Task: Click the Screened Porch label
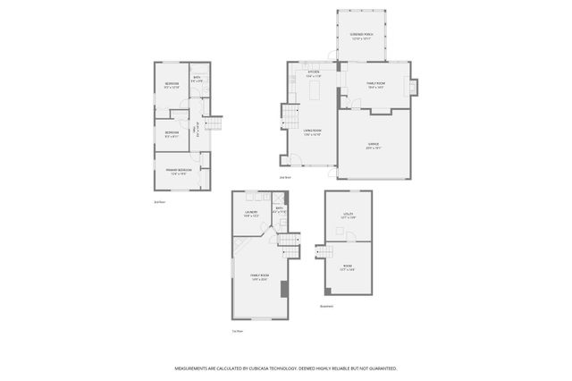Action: tap(360, 37)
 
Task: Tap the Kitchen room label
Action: tap(312, 73)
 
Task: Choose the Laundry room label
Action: tap(251, 213)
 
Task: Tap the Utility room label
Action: tap(348, 216)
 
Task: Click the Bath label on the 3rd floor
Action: tap(198, 80)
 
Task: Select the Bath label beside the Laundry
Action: tap(279, 210)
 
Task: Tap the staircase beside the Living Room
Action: tap(290, 115)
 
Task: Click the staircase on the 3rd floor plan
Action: tap(213, 128)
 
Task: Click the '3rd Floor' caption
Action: tap(160, 202)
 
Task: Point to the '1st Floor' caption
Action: tap(238, 331)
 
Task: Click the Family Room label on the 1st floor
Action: tap(259, 277)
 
